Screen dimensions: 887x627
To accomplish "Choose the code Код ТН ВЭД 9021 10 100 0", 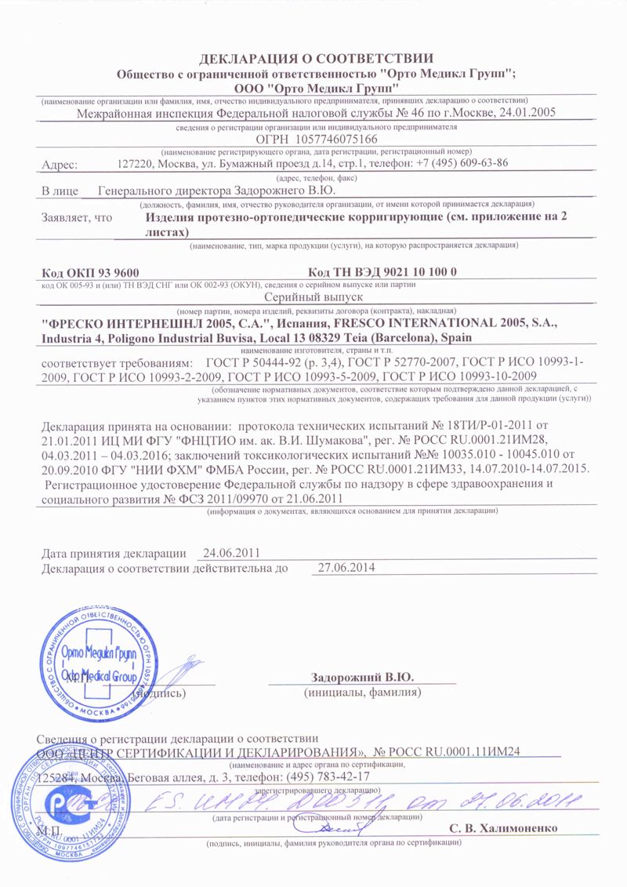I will tap(378, 271).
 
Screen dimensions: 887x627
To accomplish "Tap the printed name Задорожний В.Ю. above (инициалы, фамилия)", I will tap(362, 677).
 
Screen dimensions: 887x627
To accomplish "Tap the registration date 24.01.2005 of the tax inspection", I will tap(527, 113).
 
